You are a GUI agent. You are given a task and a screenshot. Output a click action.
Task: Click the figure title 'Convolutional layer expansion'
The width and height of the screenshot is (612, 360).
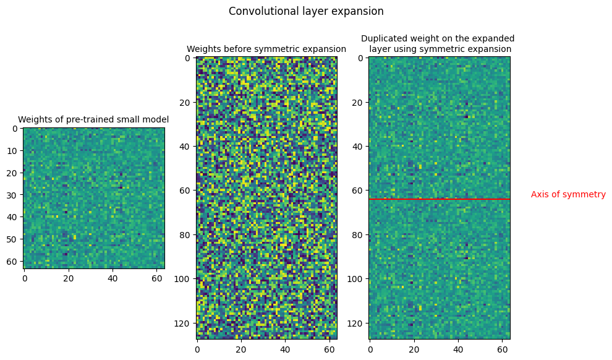[306, 11]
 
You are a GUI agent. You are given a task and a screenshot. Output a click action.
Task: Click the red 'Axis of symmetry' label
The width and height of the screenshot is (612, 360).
[568, 194]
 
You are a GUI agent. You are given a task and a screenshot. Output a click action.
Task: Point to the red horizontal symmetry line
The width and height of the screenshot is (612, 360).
[439, 199]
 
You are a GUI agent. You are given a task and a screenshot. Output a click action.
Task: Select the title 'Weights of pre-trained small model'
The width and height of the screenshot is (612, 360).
[93, 119]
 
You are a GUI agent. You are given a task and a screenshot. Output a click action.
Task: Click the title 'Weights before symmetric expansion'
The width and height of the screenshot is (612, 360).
[266, 49]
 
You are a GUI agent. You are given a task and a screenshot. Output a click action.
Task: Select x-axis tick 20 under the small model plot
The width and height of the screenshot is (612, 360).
[68, 279]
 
